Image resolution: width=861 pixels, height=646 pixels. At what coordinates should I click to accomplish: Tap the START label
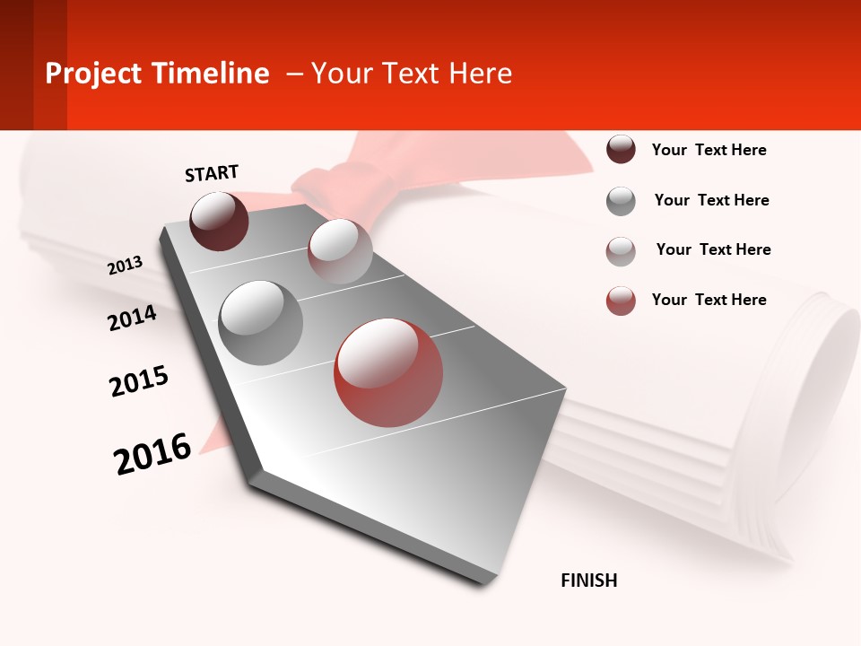pyautogui.click(x=212, y=173)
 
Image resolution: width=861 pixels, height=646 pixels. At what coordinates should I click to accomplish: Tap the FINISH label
pyautogui.click(x=588, y=581)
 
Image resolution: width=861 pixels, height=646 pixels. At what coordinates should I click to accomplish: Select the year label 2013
pyautogui.click(x=125, y=266)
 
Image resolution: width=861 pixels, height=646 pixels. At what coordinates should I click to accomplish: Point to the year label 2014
pyautogui.click(x=132, y=318)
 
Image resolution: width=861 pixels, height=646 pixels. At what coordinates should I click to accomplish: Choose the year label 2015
pyautogui.click(x=138, y=381)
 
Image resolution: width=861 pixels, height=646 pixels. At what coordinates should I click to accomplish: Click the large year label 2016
pyautogui.click(x=152, y=454)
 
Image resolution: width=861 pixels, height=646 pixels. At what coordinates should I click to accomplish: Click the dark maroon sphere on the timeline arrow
pyautogui.click(x=219, y=221)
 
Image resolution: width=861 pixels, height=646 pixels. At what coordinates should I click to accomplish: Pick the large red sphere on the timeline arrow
pyautogui.click(x=388, y=372)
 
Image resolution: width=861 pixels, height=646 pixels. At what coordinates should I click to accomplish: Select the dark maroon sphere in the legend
pyautogui.click(x=621, y=150)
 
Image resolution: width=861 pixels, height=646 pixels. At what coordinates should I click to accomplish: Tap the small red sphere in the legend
pyautogui.click(x=621, y=301)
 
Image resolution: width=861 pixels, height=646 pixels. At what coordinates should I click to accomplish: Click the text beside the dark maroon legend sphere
pyautogui.click(x=709, y=150)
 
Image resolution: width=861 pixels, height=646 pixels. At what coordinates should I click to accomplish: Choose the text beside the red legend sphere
pyautogui.click(x=709, y=300)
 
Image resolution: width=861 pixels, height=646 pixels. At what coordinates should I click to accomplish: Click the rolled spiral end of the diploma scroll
pyautogui.click(x=821, y=377)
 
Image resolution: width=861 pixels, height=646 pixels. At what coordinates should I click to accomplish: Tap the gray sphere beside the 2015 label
pyautogui.click(x=260, y=322)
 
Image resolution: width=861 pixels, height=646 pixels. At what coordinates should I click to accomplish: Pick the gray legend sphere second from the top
pyautogui.click(x=621, y=201)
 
